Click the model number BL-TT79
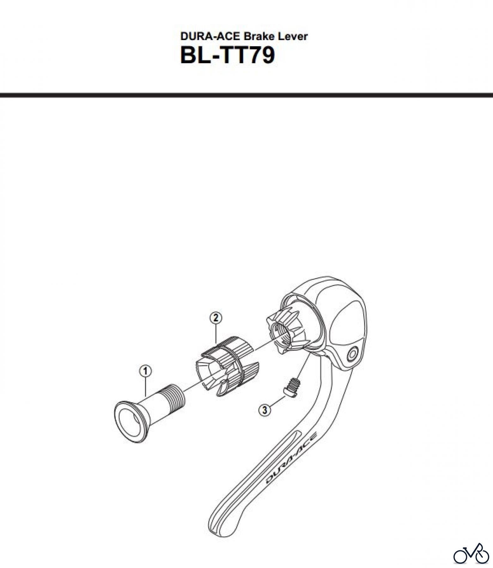pos(228,56)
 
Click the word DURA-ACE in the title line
pos(210,37)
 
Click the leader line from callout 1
pos(145,387)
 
